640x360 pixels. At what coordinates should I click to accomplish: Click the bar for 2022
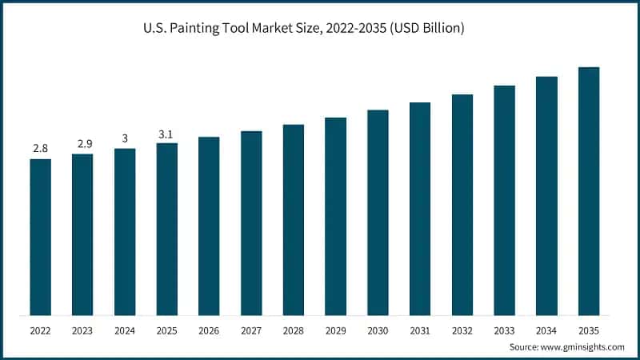pyautogui.click(x=40, y=237)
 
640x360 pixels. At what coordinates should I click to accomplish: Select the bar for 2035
pyautogui.click(x=589, y=191)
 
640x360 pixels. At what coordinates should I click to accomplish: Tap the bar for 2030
pyautogui.click(x=378, y=213)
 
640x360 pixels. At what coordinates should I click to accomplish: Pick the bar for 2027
pyautogui.click(x=251, y=223)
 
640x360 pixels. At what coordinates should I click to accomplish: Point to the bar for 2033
pyautogui.click(x=504, y=200)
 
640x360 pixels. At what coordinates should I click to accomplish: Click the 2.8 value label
pyautogui.click(x=40, y=149)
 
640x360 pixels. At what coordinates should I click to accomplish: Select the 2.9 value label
pyautogui.click(x=82, y=144)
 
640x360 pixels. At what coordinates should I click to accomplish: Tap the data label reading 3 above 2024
pyautogui.click(x=125, y=138)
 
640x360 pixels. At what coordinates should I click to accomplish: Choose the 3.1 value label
pyautogui.click(x=166, y=134)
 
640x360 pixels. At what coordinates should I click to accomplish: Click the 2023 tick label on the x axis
pyautogui.click(x=82, y=330)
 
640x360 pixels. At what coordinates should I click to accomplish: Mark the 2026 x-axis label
pyautogui.click(x=209, y=330)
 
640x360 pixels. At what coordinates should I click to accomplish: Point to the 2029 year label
pyautogui.click(x=335, y=330)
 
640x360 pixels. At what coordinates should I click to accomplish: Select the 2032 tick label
pyautogui.click(x=462, y=330)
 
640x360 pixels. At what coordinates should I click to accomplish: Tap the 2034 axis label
pyautogui.click(x=546, y=330)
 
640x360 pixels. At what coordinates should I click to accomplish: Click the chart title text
pyautogui.click(x=320, y=29)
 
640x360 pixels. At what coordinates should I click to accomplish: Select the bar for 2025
pyautogui.click(x=166, y=229)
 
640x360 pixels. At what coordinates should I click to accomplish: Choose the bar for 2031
pyautogui.click(x=420, y=209)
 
